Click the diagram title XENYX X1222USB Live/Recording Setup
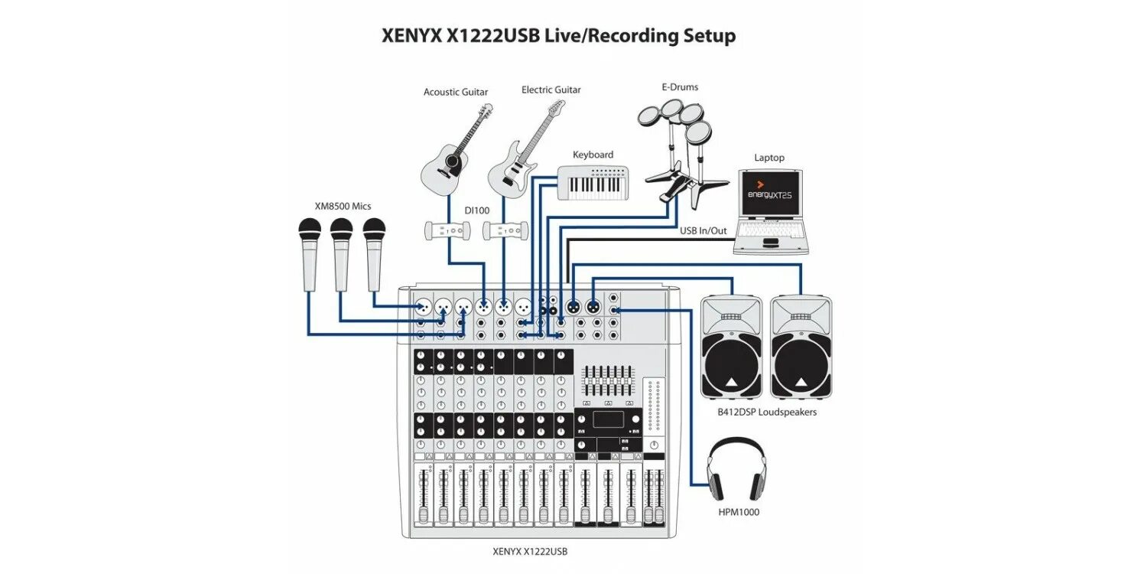pos(558,36)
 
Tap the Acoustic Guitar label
pos(456,93)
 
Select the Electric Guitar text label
pos(551,90)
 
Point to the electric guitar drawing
pos(520,153)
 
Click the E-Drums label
pos(680,87)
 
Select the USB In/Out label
pos(703,230)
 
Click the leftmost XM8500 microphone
pos(310,253)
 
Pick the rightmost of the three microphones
pos(374,253)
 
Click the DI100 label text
pos(476,210)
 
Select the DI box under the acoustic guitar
pos(444,230)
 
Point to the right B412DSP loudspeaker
pos(801,347)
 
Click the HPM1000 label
pos(738,512)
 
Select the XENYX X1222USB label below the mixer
pos(531,551)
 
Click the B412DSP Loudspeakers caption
pos(767,413)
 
